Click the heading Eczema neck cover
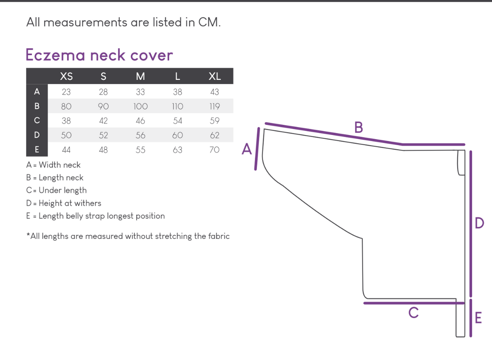coord(99,55)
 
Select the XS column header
coord(66,76)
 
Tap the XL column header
coord(214,76)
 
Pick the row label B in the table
coord(37,106)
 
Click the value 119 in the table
coord(214,106)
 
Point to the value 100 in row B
coord(140,106)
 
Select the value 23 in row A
coord(66,92)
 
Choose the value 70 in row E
coord(214,150)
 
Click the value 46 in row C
coord(140,121)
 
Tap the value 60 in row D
coord(178,135)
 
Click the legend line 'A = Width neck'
coord(53,165)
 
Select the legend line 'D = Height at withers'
coord(64,203)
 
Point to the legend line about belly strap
coord(96,216)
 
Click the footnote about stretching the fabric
coord(128,236)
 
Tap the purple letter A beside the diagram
coord(247,149)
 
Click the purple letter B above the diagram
coord(359,127)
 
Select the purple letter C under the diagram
coord(413,313)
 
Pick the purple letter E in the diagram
coord(478,318)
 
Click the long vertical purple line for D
coord(471,223)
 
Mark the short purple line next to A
coord(257,149)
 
